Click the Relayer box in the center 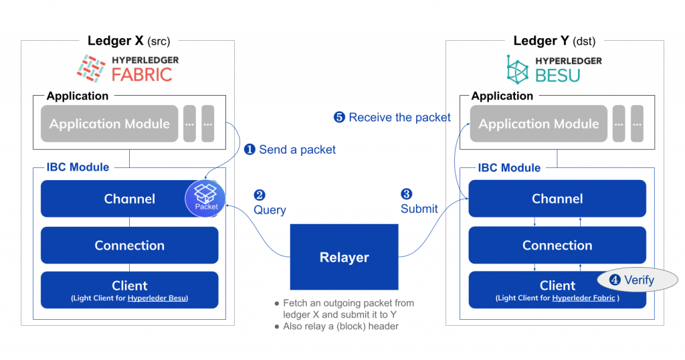pos(344,257)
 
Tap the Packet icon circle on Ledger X pos(206,197)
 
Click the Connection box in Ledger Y pos(557,245)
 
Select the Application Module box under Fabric pos(109,124)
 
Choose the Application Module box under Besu pos(538,124)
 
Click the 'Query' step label pos(269,209)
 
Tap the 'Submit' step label pos(419,209)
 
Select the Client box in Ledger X pos(129,289)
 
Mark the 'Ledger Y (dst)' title pos(554,41)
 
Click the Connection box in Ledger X pos(129,245)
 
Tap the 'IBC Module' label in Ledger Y pos(509,167)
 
